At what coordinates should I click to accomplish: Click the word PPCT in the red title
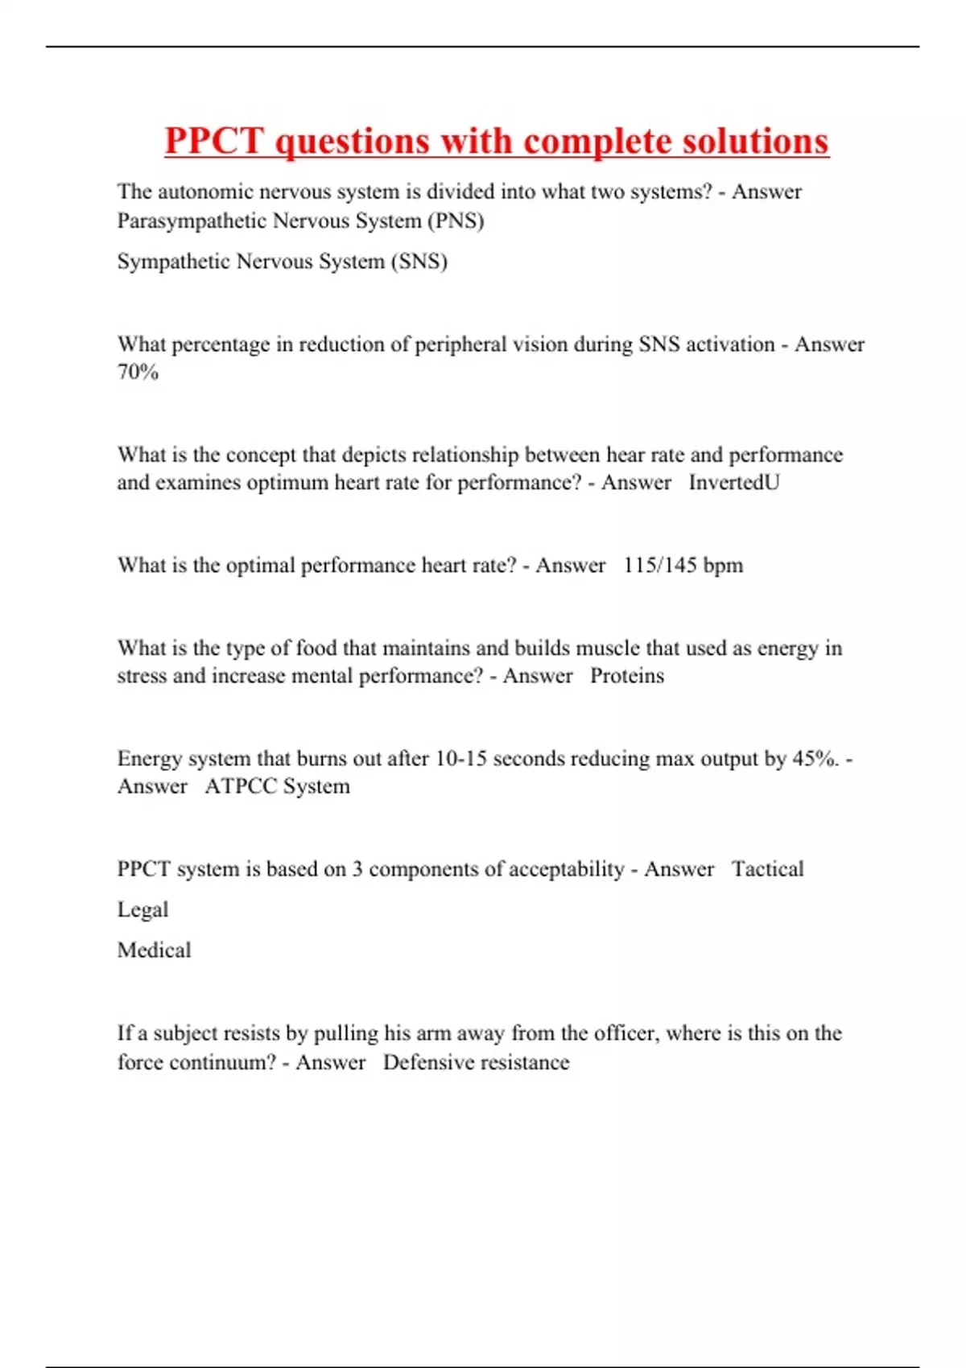tap(214, 141)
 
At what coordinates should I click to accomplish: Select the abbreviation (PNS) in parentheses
tap(456, 220)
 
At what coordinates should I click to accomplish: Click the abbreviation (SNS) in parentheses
tap(419, 261)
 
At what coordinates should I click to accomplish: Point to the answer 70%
tap(138, 372)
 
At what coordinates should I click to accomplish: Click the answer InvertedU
tap(733, 482)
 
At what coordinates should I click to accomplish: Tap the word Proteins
tap(627, 675)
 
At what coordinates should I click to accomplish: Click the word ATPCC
tap(241, 786)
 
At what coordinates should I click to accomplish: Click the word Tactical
tap(767, 869)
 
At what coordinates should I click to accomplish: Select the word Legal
tap(142, 909)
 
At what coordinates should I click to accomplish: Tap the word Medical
tap(154, 950)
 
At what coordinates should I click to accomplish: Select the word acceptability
tap(567, 869)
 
